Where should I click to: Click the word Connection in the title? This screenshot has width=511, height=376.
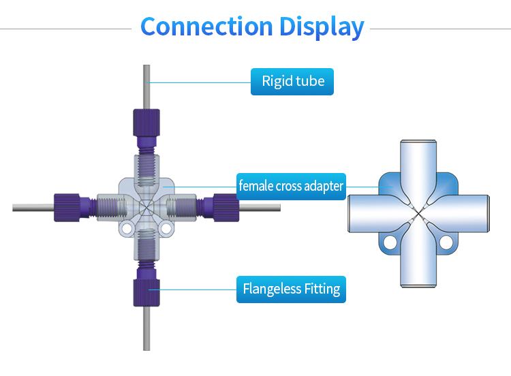coord(206,26)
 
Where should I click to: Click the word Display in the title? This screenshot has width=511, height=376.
coord(322,27)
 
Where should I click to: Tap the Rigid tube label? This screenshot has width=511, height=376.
coord(292,82)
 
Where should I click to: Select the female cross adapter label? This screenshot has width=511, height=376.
coord(291,187)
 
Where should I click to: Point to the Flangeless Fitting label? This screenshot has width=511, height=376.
coord(291,289)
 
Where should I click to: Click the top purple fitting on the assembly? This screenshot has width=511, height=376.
coord(146,129)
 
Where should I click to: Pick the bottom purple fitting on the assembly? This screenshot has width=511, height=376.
coord(146,286)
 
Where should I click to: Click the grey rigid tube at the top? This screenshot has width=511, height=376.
coord(146,87)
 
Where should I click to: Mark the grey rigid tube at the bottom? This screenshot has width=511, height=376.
coord(146,328)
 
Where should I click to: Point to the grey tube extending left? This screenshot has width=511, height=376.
coord(33,208)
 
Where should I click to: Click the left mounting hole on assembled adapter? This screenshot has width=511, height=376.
coord(127,228)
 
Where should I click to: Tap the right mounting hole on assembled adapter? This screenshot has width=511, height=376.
coord(166,228)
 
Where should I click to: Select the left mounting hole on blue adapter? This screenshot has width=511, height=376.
coord(390,242)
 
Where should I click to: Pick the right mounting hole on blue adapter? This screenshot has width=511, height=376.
coord(446,242)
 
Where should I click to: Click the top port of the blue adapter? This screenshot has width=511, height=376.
coord(418,170)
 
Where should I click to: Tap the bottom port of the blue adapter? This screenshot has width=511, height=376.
coord(418,257)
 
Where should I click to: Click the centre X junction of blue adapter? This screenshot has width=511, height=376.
coord(418,213)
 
